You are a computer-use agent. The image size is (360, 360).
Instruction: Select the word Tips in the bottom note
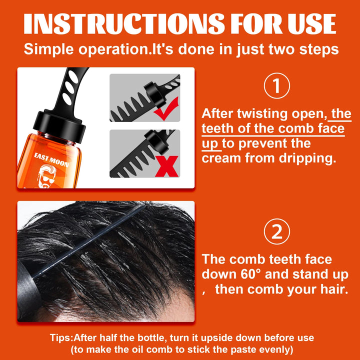[61, 338]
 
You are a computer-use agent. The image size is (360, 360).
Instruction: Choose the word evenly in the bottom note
[272, 349]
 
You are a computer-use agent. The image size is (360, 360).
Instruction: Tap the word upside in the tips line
[209, 338]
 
